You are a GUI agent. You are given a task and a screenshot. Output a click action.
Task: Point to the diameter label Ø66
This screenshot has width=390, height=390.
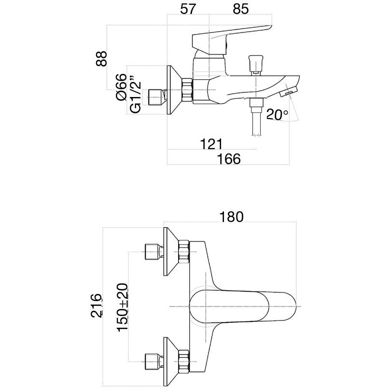pyautogui.click(x=121, y=87)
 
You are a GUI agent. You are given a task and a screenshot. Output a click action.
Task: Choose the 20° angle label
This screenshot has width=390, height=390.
pyautogui.click(x=278, y=115)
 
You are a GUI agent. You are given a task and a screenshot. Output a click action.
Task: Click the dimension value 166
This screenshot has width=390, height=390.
pyautogui.click(x=229, y=159)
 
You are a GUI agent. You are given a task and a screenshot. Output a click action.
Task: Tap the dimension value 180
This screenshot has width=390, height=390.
pyautogui.click(x=231, y=217)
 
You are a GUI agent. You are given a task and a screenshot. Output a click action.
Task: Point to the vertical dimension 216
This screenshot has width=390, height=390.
pyautogui.click(x=97, y=305)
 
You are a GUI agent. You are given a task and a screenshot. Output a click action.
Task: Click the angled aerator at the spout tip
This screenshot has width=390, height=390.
pyautogui.click(x=290, y=89)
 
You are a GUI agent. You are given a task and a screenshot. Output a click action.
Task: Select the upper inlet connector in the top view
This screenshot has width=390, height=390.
pyautogui.click(x=154, y=251)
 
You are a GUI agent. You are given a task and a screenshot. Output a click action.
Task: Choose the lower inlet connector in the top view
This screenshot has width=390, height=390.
pyautogui.click(x=154, y=360)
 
